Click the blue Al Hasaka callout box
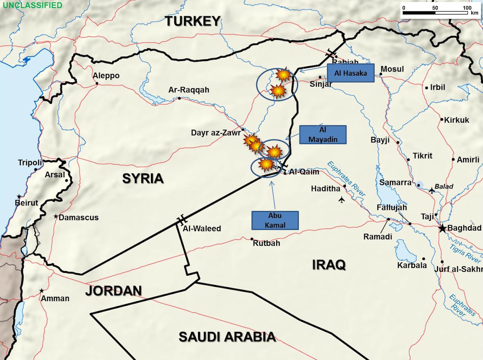tap(351, 73)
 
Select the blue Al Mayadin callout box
tap(323, 135)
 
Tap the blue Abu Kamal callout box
tap(275, 220)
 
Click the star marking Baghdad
tap(442, 228)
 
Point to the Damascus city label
tap(78, 218)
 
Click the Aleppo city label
tap(106, 75)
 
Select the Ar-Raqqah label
tap(189, 90)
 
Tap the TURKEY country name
tap(192, 21)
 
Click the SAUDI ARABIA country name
tap(227, 337)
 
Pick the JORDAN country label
tap(113, 291)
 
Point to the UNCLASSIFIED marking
tap(32, 5)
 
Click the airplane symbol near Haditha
tap(341, 199)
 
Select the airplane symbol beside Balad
tap(432, 191)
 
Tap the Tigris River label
tap(465, 253)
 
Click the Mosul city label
tap(392, 69)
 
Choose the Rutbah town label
tap(266, 243)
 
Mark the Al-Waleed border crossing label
tap(202, 228)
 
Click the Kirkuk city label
tap(457, 120)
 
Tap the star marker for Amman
tap(42, 291)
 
